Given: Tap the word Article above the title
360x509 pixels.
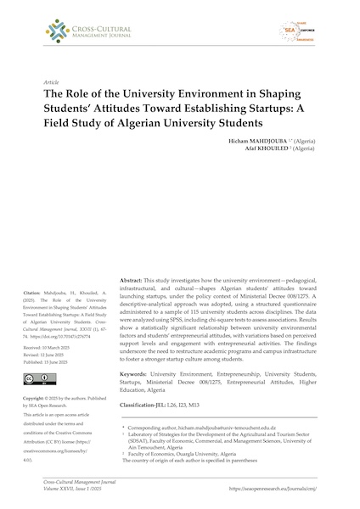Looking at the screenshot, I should [51, 81].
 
